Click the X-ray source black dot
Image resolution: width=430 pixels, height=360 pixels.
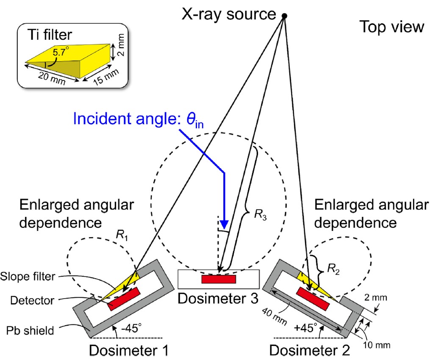coord(285,16)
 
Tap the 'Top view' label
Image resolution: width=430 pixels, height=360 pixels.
coord(391,27)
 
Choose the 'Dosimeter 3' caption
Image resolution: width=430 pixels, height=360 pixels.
coord(218,298)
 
